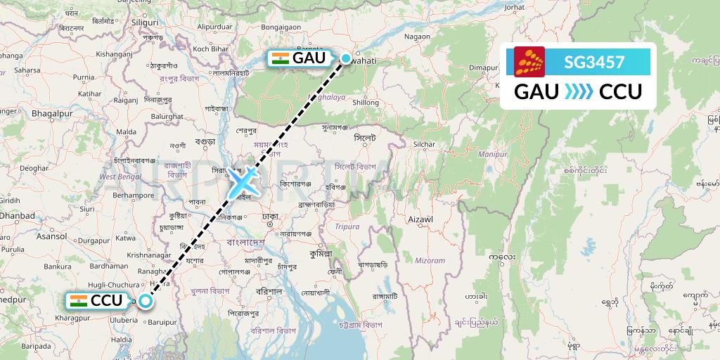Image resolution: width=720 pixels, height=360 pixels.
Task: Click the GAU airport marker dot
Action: (x=346, y=58)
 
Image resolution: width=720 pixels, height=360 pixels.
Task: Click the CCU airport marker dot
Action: (x=145, y=301)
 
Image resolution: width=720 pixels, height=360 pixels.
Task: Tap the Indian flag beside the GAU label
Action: (x=280, y=58)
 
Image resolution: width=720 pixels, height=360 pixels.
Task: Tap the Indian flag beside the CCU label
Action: (x=79, y=301)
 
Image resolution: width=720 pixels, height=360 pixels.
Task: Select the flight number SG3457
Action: (x=594, y=62)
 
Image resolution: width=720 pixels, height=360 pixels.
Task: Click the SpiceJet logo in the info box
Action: (x=529, y=62)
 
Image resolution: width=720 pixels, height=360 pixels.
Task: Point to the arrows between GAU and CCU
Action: (x=579, y=91)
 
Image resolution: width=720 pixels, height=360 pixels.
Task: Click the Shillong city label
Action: (x=366, y=103)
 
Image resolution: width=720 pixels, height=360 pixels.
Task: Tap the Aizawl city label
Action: (x=422, y=219)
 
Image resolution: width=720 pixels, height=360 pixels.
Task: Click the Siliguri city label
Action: (x=146, y=22)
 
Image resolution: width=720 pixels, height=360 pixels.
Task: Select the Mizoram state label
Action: (x=431, y=260)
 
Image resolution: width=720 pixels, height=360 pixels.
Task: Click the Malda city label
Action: (x=126, y=131)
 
